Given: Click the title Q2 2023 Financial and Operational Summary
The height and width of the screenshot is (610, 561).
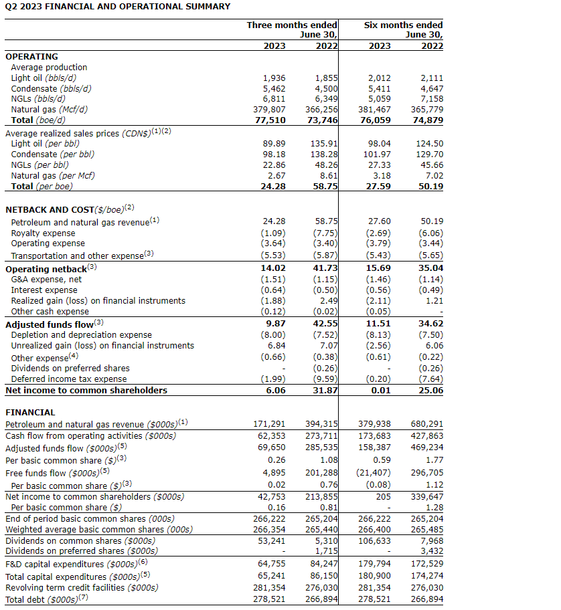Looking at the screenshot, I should point(118,7).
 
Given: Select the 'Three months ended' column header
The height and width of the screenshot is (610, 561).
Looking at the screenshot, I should point(292,25).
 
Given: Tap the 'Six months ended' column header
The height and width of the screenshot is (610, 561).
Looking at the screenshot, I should point(403,25).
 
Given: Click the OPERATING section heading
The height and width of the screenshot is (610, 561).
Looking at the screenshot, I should point(31,57).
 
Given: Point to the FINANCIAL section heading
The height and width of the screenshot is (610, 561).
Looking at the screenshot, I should point(30,413).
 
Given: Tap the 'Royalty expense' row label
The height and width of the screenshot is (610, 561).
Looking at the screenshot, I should point(43,233).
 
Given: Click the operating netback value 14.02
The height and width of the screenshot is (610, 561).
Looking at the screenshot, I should point(273,268).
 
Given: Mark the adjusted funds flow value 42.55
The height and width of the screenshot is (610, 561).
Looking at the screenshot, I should point(325,324).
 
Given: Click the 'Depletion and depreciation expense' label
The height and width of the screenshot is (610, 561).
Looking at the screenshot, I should point(81,334).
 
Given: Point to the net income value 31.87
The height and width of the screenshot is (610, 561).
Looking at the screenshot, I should point(325,390).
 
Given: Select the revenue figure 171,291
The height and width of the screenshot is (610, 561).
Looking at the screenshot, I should point(269,424).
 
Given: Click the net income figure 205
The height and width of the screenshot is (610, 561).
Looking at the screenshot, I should point(383,496).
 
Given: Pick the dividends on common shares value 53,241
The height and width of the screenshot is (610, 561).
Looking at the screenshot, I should point(271,540).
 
